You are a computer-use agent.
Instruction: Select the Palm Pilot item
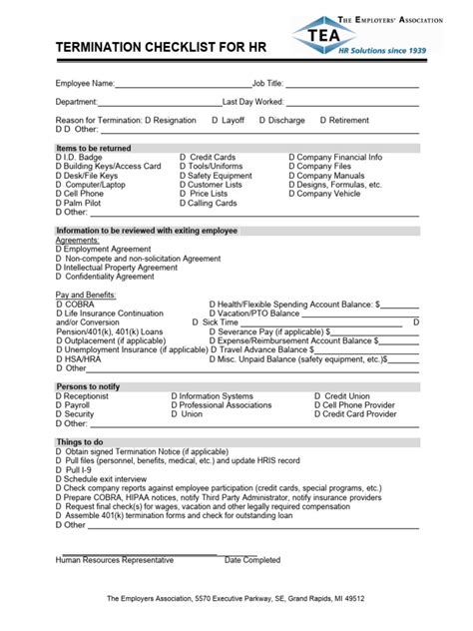click(79, 203)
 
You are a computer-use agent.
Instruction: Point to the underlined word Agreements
click(77, 240)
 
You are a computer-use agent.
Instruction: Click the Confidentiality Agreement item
click(106, 277)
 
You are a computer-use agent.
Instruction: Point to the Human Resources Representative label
click(115, 560)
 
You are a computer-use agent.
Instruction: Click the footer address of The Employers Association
click(236, 599)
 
